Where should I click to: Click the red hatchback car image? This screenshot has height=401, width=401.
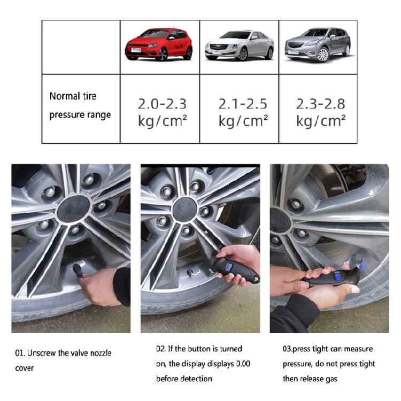tap(159, 44)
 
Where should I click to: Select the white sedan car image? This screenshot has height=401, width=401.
tap(239, 45)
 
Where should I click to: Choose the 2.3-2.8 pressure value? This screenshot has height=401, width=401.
tap(320, 104)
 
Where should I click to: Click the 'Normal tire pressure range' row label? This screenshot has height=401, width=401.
tap(80, 105)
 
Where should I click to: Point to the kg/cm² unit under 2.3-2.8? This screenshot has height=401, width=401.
tap(320, 121)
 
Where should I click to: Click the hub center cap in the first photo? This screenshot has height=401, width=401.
tap(74, 208)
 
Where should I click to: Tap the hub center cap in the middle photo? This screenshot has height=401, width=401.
tap(184, 209)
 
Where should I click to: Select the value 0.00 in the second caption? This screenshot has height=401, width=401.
tap(241, 364)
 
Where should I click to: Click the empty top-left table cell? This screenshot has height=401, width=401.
tap(81, 47)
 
